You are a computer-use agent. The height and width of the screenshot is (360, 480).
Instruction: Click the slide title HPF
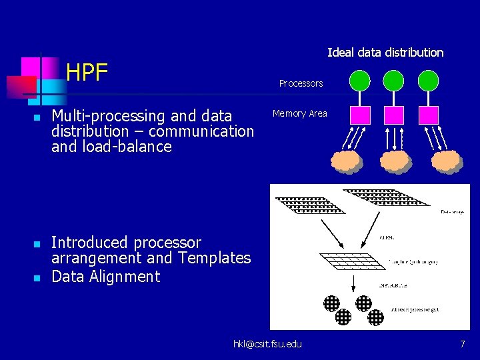(87, 72)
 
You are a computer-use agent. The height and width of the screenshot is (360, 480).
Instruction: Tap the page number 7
(462, 344)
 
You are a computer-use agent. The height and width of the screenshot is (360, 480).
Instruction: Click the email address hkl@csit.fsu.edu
(267, 344)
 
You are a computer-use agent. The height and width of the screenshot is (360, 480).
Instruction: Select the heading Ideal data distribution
(385, 53)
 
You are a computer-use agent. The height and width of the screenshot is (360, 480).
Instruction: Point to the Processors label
(301, 83)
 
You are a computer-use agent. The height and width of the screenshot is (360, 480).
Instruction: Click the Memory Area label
(300, 114)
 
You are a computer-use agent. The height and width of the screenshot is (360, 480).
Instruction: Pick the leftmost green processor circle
(361, 81)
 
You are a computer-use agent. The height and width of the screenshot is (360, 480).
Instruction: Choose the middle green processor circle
(394, 81)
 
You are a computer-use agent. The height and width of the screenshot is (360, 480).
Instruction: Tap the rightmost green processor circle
(428, 81)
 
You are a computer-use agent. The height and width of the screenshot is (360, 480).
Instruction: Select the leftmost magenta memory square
(361, 115)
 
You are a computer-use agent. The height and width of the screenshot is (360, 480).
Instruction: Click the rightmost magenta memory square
(428, 115)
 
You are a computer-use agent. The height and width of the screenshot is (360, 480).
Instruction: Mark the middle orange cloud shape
(395, 161)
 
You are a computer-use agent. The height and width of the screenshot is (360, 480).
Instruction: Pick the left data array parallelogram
(307, 204)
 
